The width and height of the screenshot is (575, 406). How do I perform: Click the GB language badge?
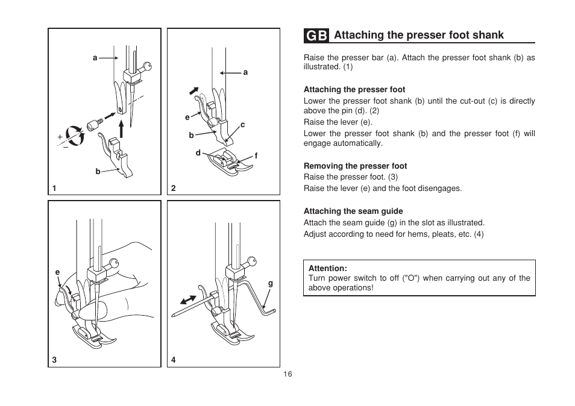(x=316, y=36)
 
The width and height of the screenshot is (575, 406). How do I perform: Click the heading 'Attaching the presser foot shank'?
(x=418, y=35)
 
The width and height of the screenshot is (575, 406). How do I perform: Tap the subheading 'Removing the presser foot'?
(x=355, y=166)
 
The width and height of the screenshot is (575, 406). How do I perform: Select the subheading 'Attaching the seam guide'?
(x=353, y=211)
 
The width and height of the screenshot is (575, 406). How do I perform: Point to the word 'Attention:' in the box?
(x=328, y=269)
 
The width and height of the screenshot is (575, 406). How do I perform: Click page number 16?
(x=287, y=375)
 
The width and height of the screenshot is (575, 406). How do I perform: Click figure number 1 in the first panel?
(x=54, y=188)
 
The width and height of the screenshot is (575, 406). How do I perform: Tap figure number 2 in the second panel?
(x=174, y=188)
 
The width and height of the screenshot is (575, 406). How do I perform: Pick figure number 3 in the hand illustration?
(x=54, y=360)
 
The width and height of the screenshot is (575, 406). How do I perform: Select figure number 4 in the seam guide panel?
(x=174, y=360)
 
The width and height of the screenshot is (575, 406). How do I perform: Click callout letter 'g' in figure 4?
(x=271, y=283)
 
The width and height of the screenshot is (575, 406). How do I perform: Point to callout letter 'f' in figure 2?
(x=256, y=155)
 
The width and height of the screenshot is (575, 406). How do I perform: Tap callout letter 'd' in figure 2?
(x=198, y=153)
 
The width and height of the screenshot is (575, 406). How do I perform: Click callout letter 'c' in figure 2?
(x=243, y=125)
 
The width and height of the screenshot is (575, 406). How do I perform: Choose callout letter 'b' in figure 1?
(x=98, y=172)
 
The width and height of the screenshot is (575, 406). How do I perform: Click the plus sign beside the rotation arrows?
(x=60, y=137)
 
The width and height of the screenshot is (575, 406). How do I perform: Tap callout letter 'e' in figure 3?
(x=58, y=272)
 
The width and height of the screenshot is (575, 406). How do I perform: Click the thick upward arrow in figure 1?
(x=121, y=128)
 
